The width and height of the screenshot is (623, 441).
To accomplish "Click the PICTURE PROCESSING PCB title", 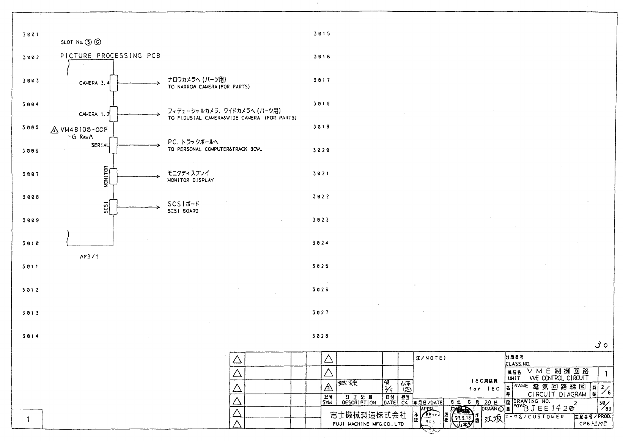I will (x=110, y=56).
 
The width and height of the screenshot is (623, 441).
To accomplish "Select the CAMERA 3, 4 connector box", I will (x=113, y=83).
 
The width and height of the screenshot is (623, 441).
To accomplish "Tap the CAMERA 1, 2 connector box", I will (x=113, y=114).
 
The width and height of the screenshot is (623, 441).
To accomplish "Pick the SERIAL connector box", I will (x=113, y=145).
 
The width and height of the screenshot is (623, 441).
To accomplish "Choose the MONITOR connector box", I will (x=113, y=176).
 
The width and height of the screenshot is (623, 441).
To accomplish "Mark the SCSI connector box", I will (x=113, y=207).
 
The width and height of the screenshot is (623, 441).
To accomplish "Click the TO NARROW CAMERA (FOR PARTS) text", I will (x=209, y=87).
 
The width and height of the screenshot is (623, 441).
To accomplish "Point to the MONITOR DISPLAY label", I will (x=190, y=180).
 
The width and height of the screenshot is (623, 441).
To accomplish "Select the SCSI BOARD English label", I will (x=183, y=211).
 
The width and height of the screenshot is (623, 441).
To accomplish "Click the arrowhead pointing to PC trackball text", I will (x=158, y=145).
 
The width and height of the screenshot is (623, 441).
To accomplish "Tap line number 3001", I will (x=30, y=35).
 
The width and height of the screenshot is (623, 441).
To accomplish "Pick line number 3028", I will (x=321, y=336).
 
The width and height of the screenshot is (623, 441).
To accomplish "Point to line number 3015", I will (x=322, y=34).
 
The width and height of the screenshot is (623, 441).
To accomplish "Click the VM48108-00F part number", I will (x=84, y=130).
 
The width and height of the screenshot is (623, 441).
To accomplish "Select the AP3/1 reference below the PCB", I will (x=89, y=257).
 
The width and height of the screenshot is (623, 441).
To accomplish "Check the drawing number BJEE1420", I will (x=549, y=408).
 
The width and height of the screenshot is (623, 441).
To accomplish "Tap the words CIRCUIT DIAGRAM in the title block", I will (x=557, y=394).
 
